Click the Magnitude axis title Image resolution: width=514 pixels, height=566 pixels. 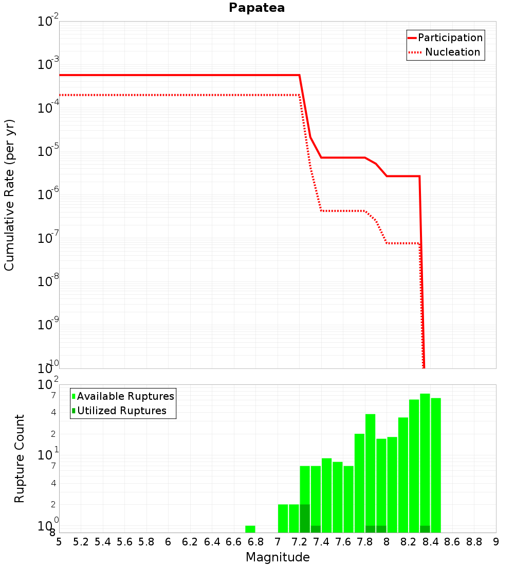click(x=278, y=557)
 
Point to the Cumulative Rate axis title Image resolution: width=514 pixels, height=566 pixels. click(x=9, y=195)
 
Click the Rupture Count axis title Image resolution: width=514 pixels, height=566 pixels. click(x=20, y=458)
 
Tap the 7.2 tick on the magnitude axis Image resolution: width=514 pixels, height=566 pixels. click(x=299, y=542)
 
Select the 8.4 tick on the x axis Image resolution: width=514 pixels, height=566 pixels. click(x=430, y=542)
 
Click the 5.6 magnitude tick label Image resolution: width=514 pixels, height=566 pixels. click(x=124, y=542)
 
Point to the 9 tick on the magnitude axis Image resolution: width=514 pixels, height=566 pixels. click(x=495, y=542)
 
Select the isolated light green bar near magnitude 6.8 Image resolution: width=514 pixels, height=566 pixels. click(x=250, y=529)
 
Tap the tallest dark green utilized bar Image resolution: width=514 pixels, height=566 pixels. click(x=305, y=519)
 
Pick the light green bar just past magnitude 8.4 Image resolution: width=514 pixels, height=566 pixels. click(x=436, y=465)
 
